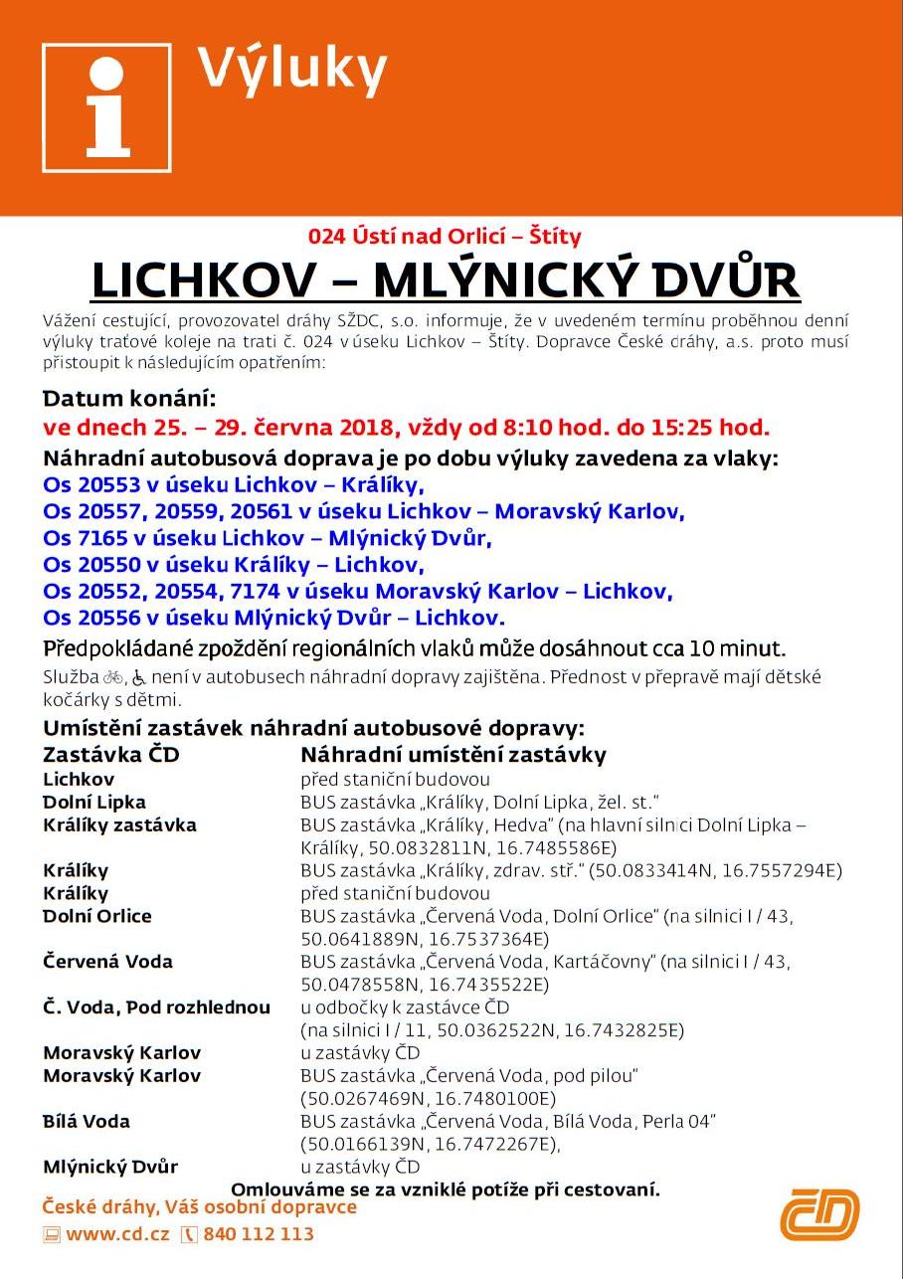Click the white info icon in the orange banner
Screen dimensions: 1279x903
point(106,107)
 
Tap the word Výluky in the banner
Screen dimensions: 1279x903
point(291,70)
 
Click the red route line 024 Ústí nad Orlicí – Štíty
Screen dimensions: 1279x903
point(445,237)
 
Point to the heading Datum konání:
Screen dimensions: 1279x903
point(128,400)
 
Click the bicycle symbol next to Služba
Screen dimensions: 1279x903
point(114,678)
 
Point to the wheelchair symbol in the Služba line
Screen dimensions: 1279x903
point(139,678)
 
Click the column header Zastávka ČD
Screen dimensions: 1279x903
point(110,755)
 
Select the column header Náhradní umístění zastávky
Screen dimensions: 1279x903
point(452,755)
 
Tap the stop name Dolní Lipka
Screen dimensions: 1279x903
point(93,802)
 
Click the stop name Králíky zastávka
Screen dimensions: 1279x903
point(119,824)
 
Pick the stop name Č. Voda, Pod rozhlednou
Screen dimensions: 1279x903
point(156,1007)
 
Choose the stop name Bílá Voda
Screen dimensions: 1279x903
point(87,1121)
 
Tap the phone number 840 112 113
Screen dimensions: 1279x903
point(259,1234)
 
